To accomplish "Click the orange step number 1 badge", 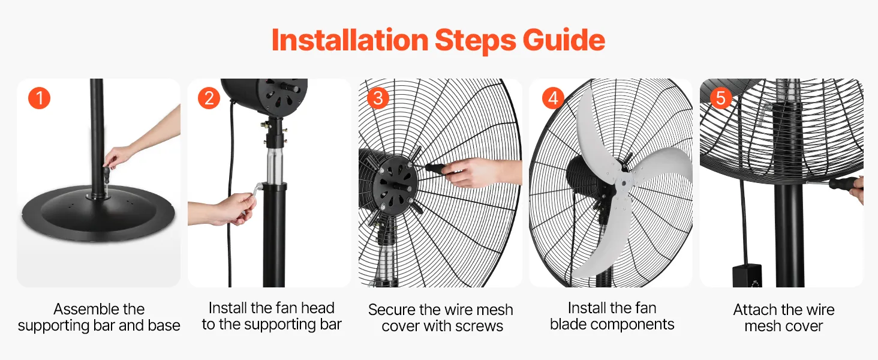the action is [39, 98].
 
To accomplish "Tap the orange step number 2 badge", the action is [209, 98].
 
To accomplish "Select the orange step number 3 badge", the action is [378, 98].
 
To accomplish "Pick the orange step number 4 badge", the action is [553, 98].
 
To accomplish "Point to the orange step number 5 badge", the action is [720, 98].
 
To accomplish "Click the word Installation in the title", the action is [350, 40].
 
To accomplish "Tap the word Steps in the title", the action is [476, 41].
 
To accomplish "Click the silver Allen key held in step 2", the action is [255, 196].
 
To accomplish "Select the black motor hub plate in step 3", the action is [395, 185].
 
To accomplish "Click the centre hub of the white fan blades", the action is [623, 183].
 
